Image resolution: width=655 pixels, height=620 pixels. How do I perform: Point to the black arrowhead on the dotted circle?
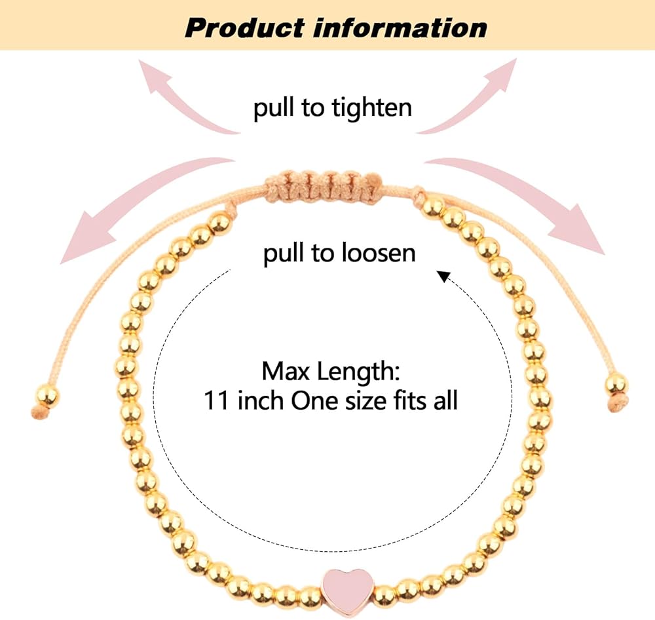click(x=443, y=277)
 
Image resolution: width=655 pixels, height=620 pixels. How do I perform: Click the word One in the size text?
click(x=313, y=400)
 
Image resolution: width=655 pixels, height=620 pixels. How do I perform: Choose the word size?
click(x=366, y=400)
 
